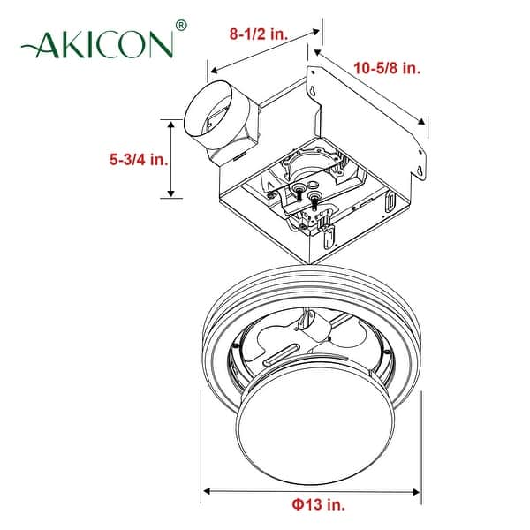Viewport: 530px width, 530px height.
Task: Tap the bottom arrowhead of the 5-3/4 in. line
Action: pos(170,198)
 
